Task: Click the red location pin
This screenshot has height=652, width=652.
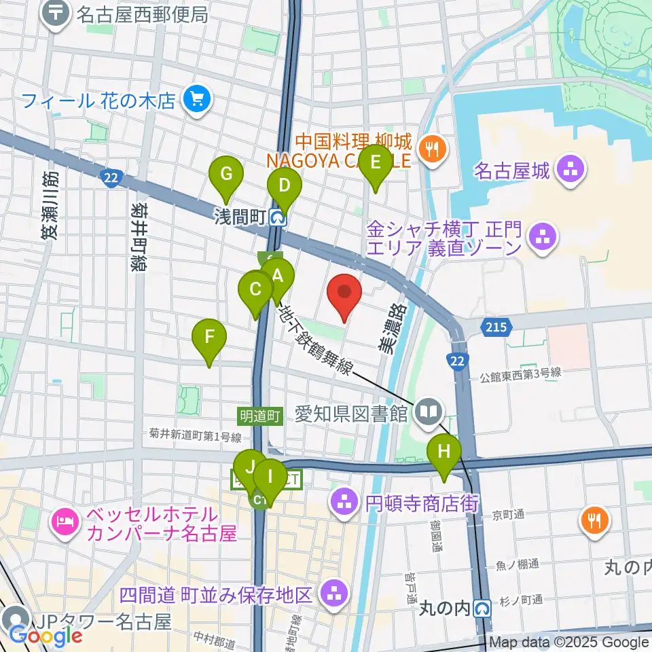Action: point(344,293)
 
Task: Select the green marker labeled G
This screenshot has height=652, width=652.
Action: point(226,176)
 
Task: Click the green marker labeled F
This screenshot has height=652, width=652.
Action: point(209,338)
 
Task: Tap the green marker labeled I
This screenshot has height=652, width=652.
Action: point(270,479)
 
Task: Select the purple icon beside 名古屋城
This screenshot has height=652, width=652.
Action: point(569,170)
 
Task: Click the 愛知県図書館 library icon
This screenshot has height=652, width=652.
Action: point(429,412)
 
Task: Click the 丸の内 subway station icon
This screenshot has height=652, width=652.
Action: point(483,607)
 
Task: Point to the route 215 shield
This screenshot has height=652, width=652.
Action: point(496,327)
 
